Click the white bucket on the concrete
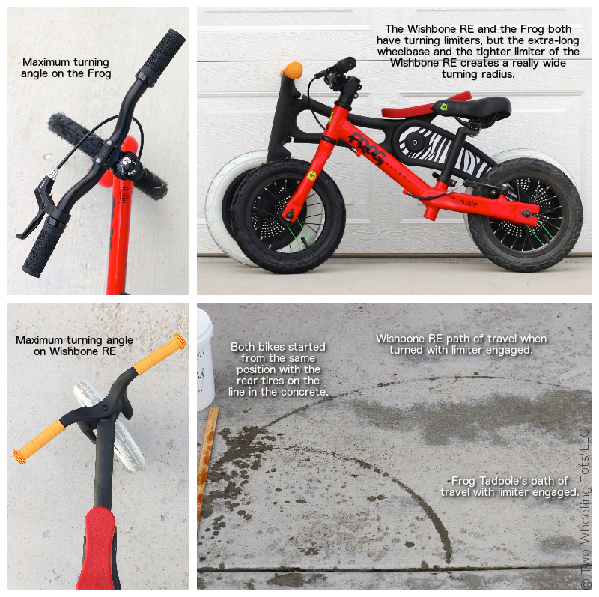(x=205, y=358)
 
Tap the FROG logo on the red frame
(x=366, y=148)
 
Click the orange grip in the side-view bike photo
(x=292, y=70)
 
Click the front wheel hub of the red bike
(x=289, y=216)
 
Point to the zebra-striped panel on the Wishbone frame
(x=443, y=149)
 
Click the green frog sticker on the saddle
(x=443, y=106)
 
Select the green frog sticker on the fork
(x=312, y=175)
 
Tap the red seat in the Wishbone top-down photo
(x=97, y=548)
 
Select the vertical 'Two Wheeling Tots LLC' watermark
(x=585, y=509)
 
